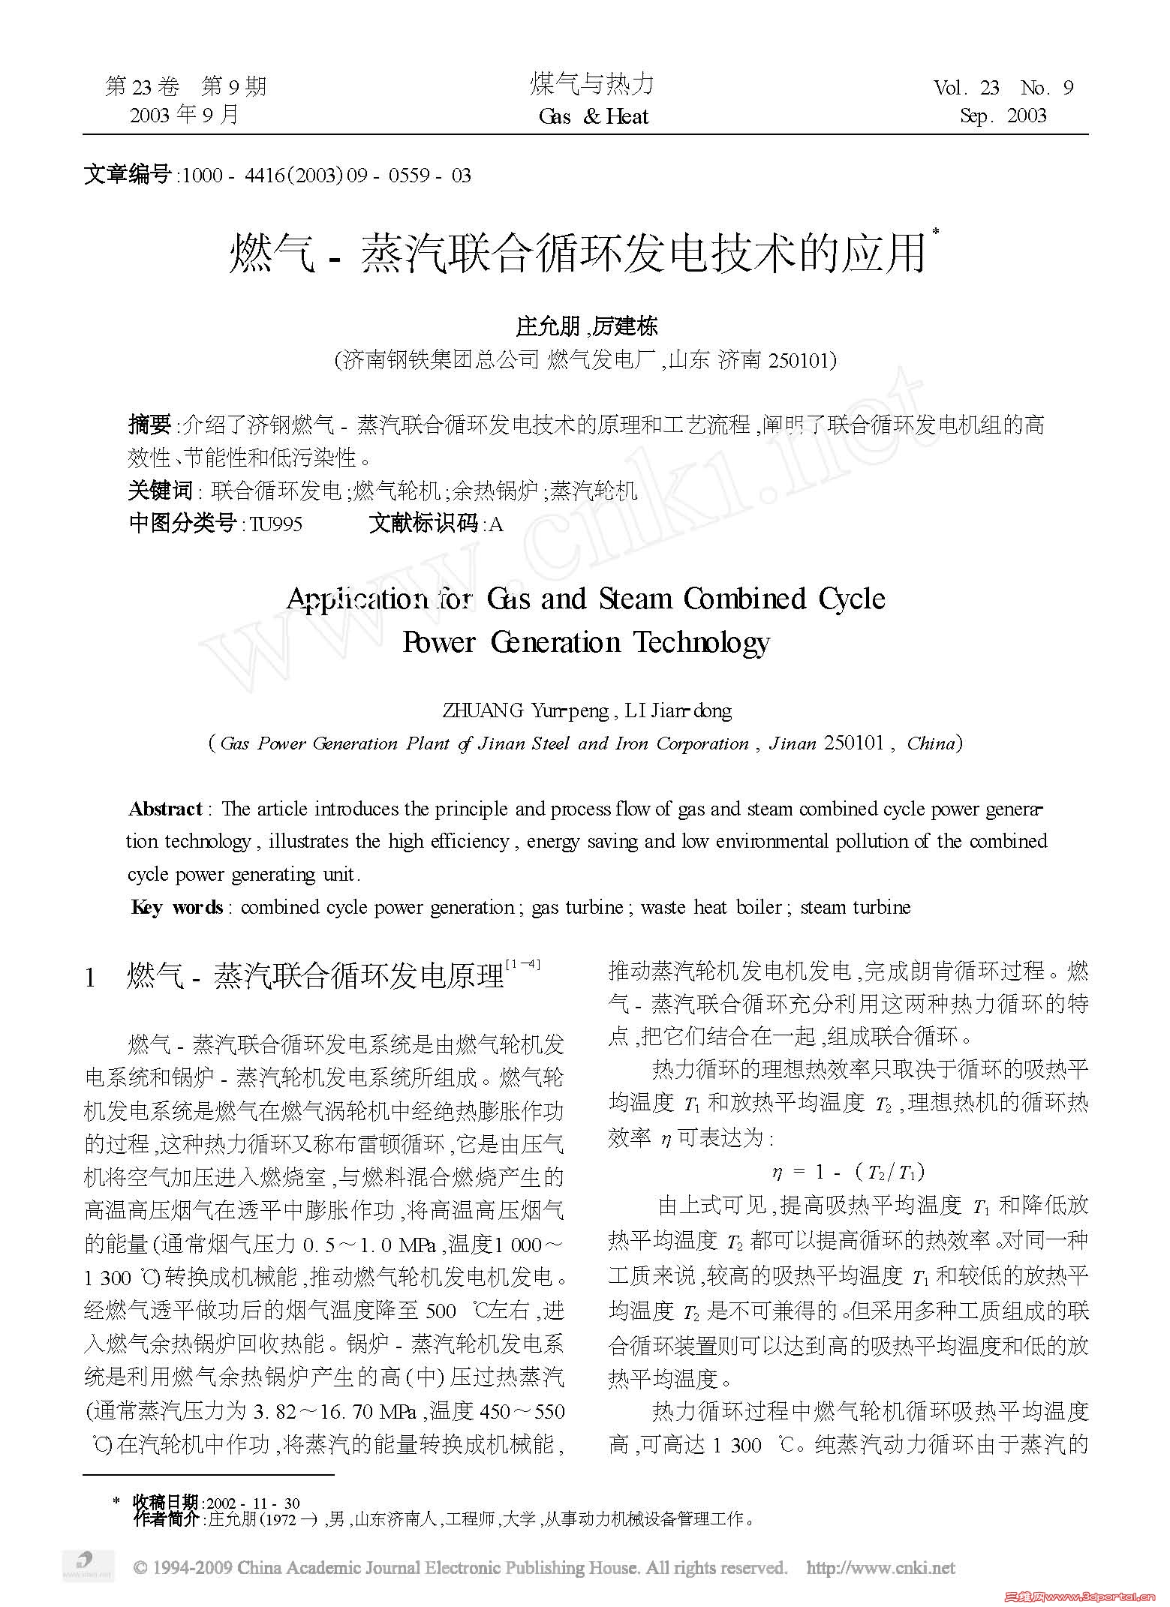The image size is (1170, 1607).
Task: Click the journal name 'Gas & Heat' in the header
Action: (x=593, y=116)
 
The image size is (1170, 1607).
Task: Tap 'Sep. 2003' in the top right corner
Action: (x=1003, y=116)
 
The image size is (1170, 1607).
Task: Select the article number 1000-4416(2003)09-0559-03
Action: (x=326, y=176)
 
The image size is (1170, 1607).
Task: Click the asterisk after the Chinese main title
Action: (x=935, y=234)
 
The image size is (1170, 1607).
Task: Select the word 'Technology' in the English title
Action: (x=702, y=643)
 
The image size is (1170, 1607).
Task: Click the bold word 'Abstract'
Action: (x=165, y=809)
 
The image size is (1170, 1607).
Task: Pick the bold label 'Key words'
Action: (x=177, y=908)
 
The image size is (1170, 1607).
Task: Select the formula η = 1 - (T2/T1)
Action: (x=848, y=1172)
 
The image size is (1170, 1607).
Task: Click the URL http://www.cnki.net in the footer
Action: (x=880, y=1567)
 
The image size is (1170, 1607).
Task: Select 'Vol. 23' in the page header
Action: (x=967, y=89)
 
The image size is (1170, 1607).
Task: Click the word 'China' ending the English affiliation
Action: (x=931, y=743)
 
